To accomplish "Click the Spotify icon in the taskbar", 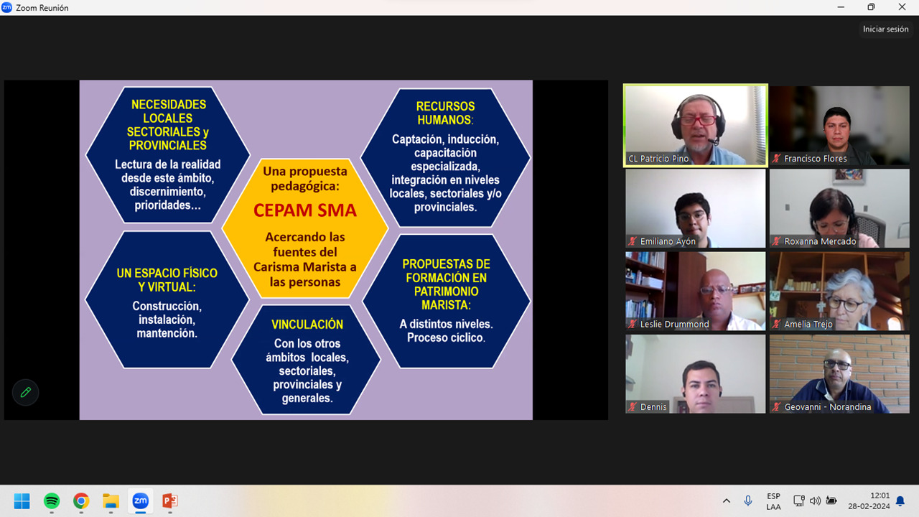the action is (52, 500).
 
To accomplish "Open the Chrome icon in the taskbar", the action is (81, 500).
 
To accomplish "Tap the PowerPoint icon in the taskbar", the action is (170, 500).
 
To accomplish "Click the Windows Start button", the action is (22, 500).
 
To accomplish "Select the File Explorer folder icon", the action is (111, 500).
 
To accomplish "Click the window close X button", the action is (902, 7).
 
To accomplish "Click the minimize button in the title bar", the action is (841, 7).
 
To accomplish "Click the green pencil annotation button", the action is (25, 392).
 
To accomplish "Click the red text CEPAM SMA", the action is (305, 210).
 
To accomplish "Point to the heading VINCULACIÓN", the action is (307, 325).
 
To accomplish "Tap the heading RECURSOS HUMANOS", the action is (446, 113).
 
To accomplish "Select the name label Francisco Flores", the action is (815, 159).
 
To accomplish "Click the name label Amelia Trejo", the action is (808, 324).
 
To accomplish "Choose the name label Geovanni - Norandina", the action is (828, 407).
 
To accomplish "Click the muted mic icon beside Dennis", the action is (633, 407).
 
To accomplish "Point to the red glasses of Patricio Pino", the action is (698, 121).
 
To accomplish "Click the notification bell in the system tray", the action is (900, 501).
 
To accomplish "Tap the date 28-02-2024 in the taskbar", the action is (869, 506).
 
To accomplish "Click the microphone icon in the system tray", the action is (748, 500).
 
